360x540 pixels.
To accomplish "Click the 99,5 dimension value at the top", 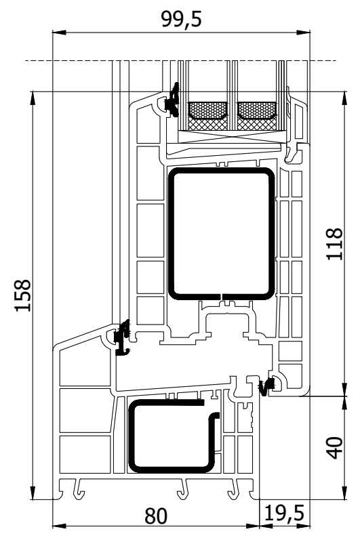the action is point(181,19).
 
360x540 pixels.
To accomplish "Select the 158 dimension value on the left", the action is point(23,295).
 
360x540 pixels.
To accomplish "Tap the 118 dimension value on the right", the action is point(334,244).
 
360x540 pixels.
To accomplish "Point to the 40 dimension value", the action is point(334,448).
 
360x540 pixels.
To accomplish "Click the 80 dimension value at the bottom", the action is point(156,516).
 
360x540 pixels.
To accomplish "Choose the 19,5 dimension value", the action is point(285,514).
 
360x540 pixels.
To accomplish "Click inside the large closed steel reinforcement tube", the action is point(221,234).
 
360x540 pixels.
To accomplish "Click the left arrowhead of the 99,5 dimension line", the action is point(59,33).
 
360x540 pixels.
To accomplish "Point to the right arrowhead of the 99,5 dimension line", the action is point(303,33).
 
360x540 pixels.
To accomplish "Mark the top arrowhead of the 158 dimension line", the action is point(33,98).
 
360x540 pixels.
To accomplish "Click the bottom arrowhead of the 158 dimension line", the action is point(33,493).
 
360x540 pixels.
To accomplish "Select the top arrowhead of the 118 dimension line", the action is point(344,98).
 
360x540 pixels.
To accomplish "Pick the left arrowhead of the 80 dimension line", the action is point(59,526).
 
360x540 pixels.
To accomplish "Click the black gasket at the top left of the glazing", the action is point(172,100).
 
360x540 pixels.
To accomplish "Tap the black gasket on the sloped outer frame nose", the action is point(123,338).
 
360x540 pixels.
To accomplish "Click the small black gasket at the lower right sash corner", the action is point(266,386).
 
